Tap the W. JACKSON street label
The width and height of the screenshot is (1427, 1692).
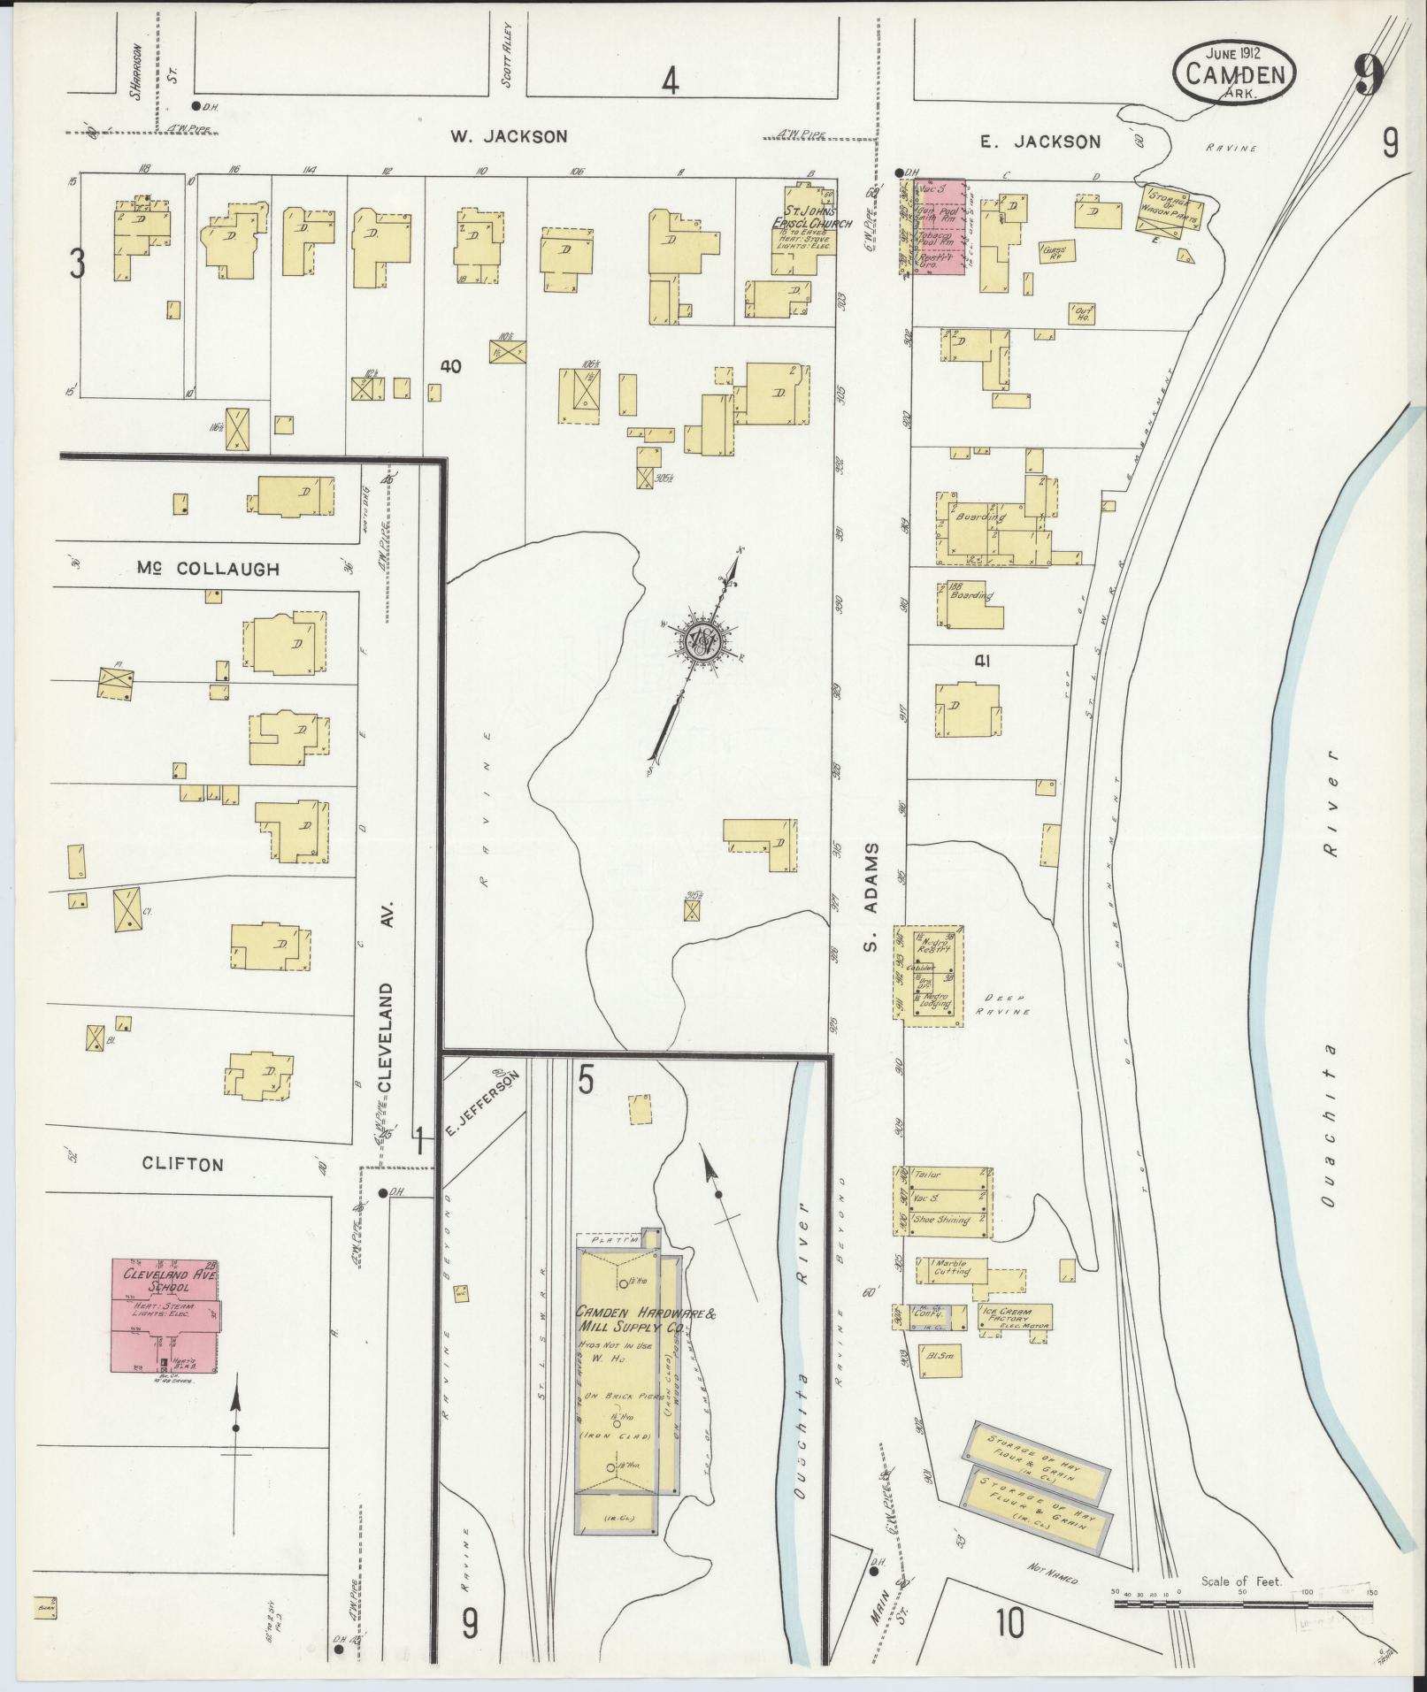pos(508,136)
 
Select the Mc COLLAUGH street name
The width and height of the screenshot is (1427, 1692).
pos(208,569)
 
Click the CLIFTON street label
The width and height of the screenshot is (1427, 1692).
pos(183,1164)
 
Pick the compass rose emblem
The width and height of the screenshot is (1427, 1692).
pos(702,639)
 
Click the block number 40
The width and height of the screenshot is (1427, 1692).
pos(451,365)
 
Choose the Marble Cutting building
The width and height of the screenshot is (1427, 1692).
pos(949,1268)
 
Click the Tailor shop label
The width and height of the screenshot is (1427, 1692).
pos(929,1175)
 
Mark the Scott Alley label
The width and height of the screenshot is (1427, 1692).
pos(508,54)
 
